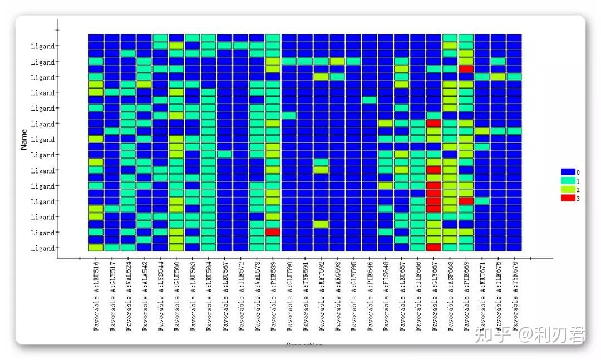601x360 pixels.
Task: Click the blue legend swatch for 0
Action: point(568,172)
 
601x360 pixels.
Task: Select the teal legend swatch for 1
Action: point(568,181)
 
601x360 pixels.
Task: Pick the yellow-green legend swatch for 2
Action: point(568,190)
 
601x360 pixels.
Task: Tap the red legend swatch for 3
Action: point(568,198)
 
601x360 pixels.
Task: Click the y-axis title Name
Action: point(24,139)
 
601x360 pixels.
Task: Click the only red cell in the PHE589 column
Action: point(273,232)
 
